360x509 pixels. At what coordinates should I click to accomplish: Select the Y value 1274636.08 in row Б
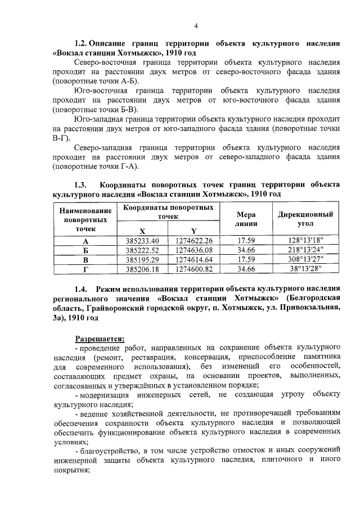coord(193,250)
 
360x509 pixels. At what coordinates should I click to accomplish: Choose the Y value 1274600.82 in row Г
coord(193,269)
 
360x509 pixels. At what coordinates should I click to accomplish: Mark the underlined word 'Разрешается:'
coord(100,339)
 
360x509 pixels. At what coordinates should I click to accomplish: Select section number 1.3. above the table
coord(82,185)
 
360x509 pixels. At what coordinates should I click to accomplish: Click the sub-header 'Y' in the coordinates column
coord(193,231)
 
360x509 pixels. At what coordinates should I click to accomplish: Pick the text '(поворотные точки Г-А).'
coord(96,167)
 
